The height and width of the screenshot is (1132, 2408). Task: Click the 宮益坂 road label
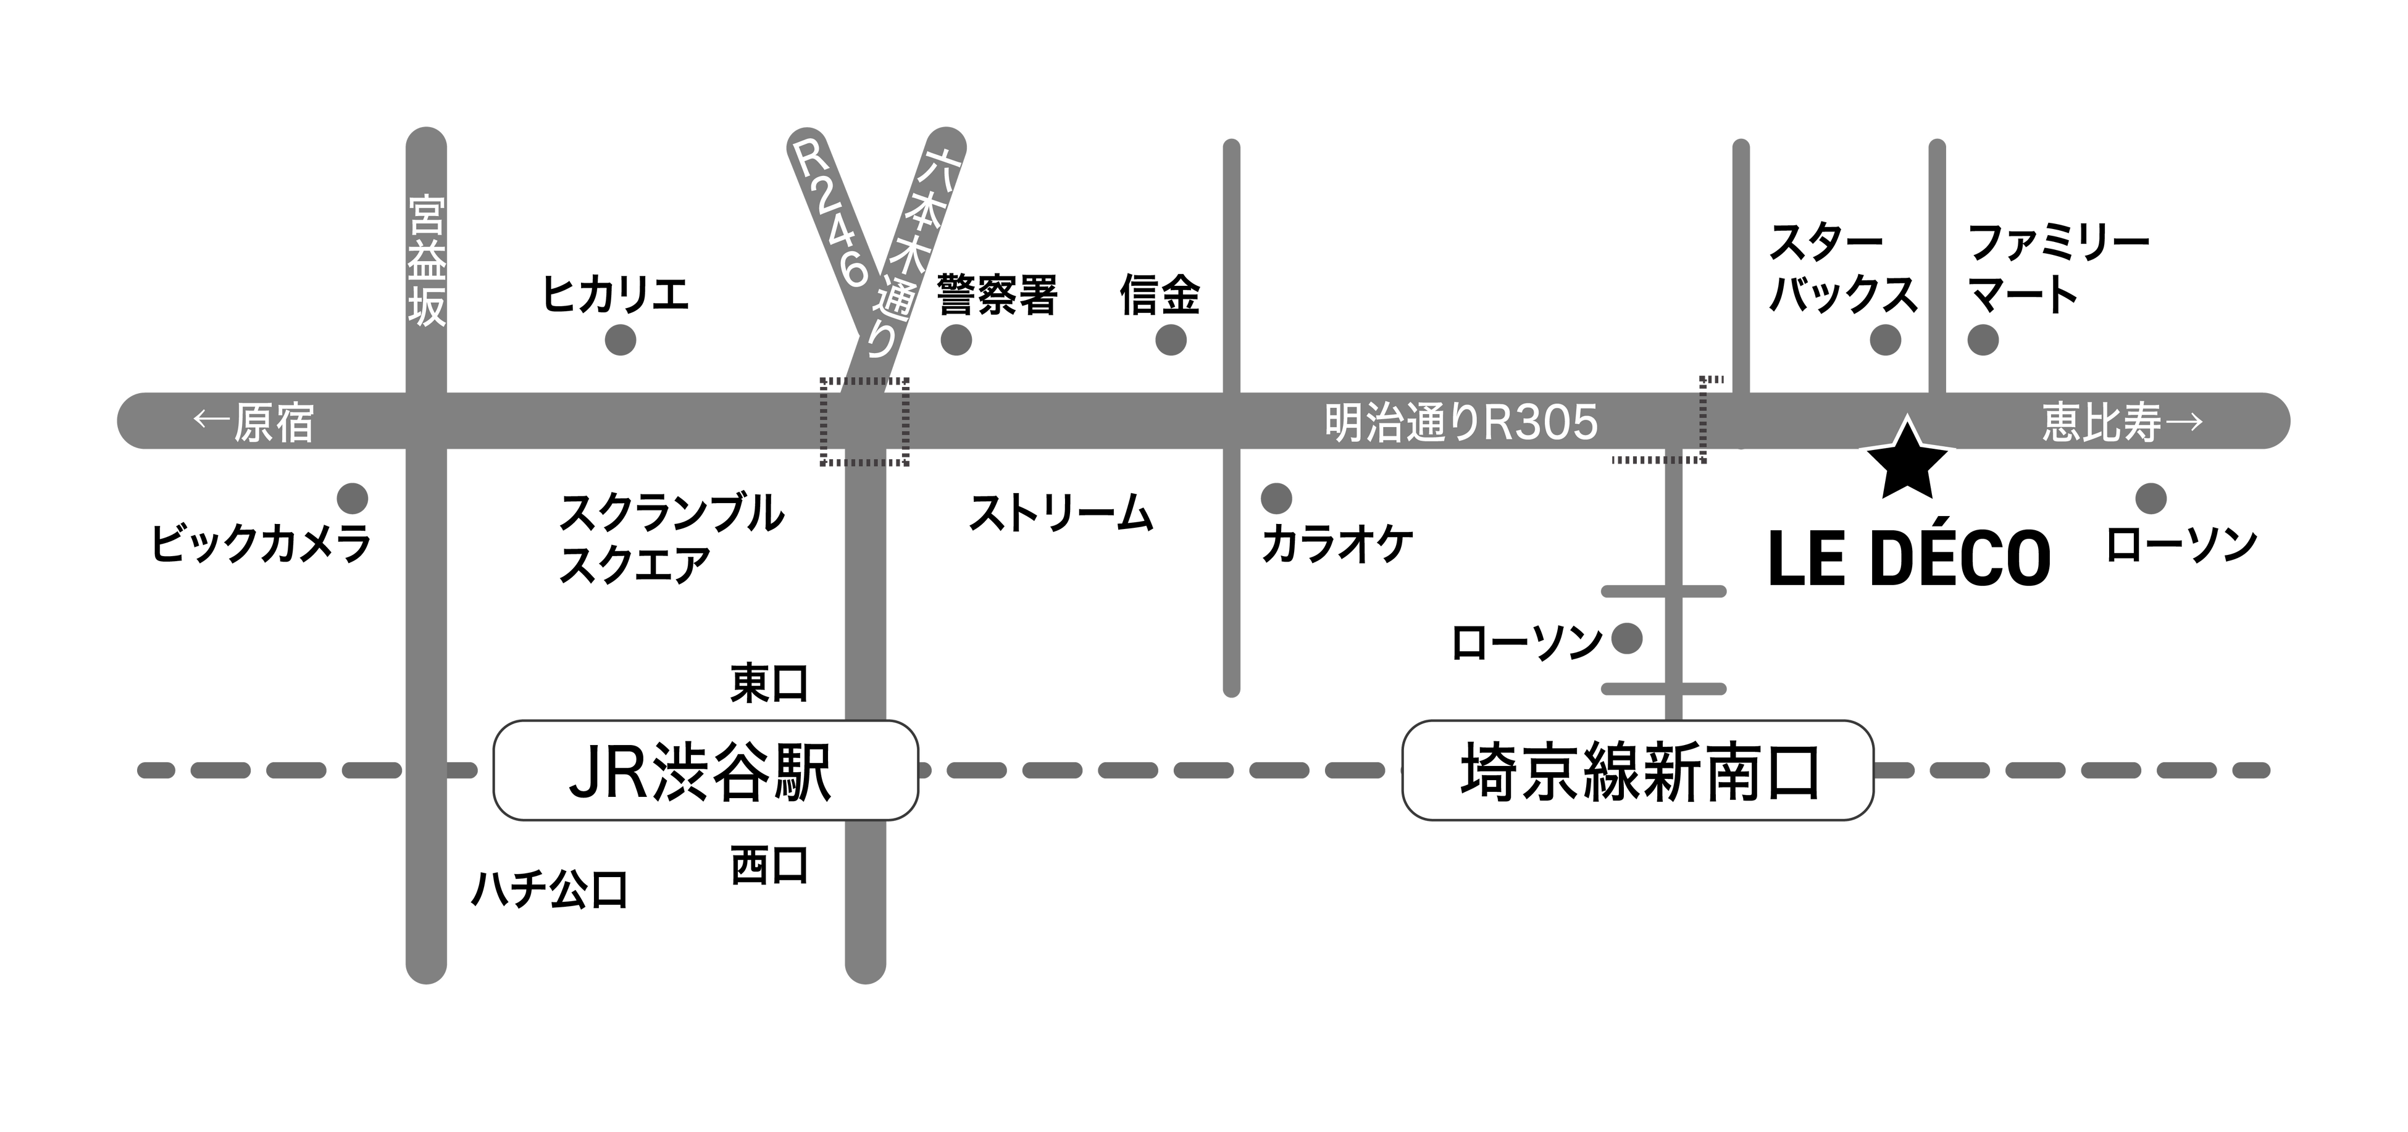pyautogui.click(x=426, y=261)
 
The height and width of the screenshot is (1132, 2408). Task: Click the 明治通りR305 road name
pyautogui.click(x=1461, y=423)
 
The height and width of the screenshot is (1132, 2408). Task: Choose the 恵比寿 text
pyautogui.click(x=2101, y=423)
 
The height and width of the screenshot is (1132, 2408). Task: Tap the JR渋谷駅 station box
pyautogui.click(x=706, y=771)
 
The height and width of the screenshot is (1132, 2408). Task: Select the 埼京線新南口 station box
pyautogui.click(x=1637, y=771)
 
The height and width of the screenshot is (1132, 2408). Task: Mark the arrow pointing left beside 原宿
pyautogui.click(x=211, y=421)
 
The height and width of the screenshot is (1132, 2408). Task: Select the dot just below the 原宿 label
pyautogui.click(x=353, y=498)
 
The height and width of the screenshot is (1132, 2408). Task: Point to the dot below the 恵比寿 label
pyautogui.click(x=2151, y=498)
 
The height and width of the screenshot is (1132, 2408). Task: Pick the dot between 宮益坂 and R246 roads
pyautogui.click(x=621, y=340)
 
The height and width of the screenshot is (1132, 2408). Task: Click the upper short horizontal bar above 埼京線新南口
pyautogui.click(x=1664, y=591)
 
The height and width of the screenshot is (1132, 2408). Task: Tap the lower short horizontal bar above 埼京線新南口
pyautogui.click(x=1664, y=689)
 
